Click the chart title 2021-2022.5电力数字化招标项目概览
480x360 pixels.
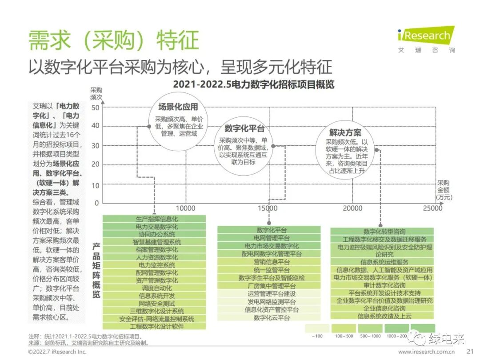[253, 84]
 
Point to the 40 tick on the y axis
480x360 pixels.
[95, 126]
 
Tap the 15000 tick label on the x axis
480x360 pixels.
[268, 208]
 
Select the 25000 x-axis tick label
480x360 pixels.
[432, 208]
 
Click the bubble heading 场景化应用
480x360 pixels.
[178, 107]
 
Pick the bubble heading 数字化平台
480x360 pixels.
[244, 129]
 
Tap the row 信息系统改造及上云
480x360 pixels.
[382, 316]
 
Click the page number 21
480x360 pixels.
[470, 352]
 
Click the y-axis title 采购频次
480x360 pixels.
[96, 93]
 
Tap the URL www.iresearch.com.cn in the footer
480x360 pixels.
[426, 352]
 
